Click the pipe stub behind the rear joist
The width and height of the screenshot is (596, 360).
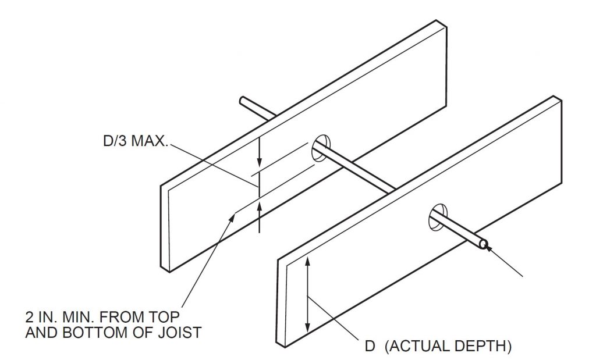(254, 109)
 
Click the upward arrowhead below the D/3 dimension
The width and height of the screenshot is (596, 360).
(260, 208)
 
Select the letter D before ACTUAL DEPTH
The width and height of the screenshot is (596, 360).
(369, 347)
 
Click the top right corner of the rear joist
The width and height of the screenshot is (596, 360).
(442, 23)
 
